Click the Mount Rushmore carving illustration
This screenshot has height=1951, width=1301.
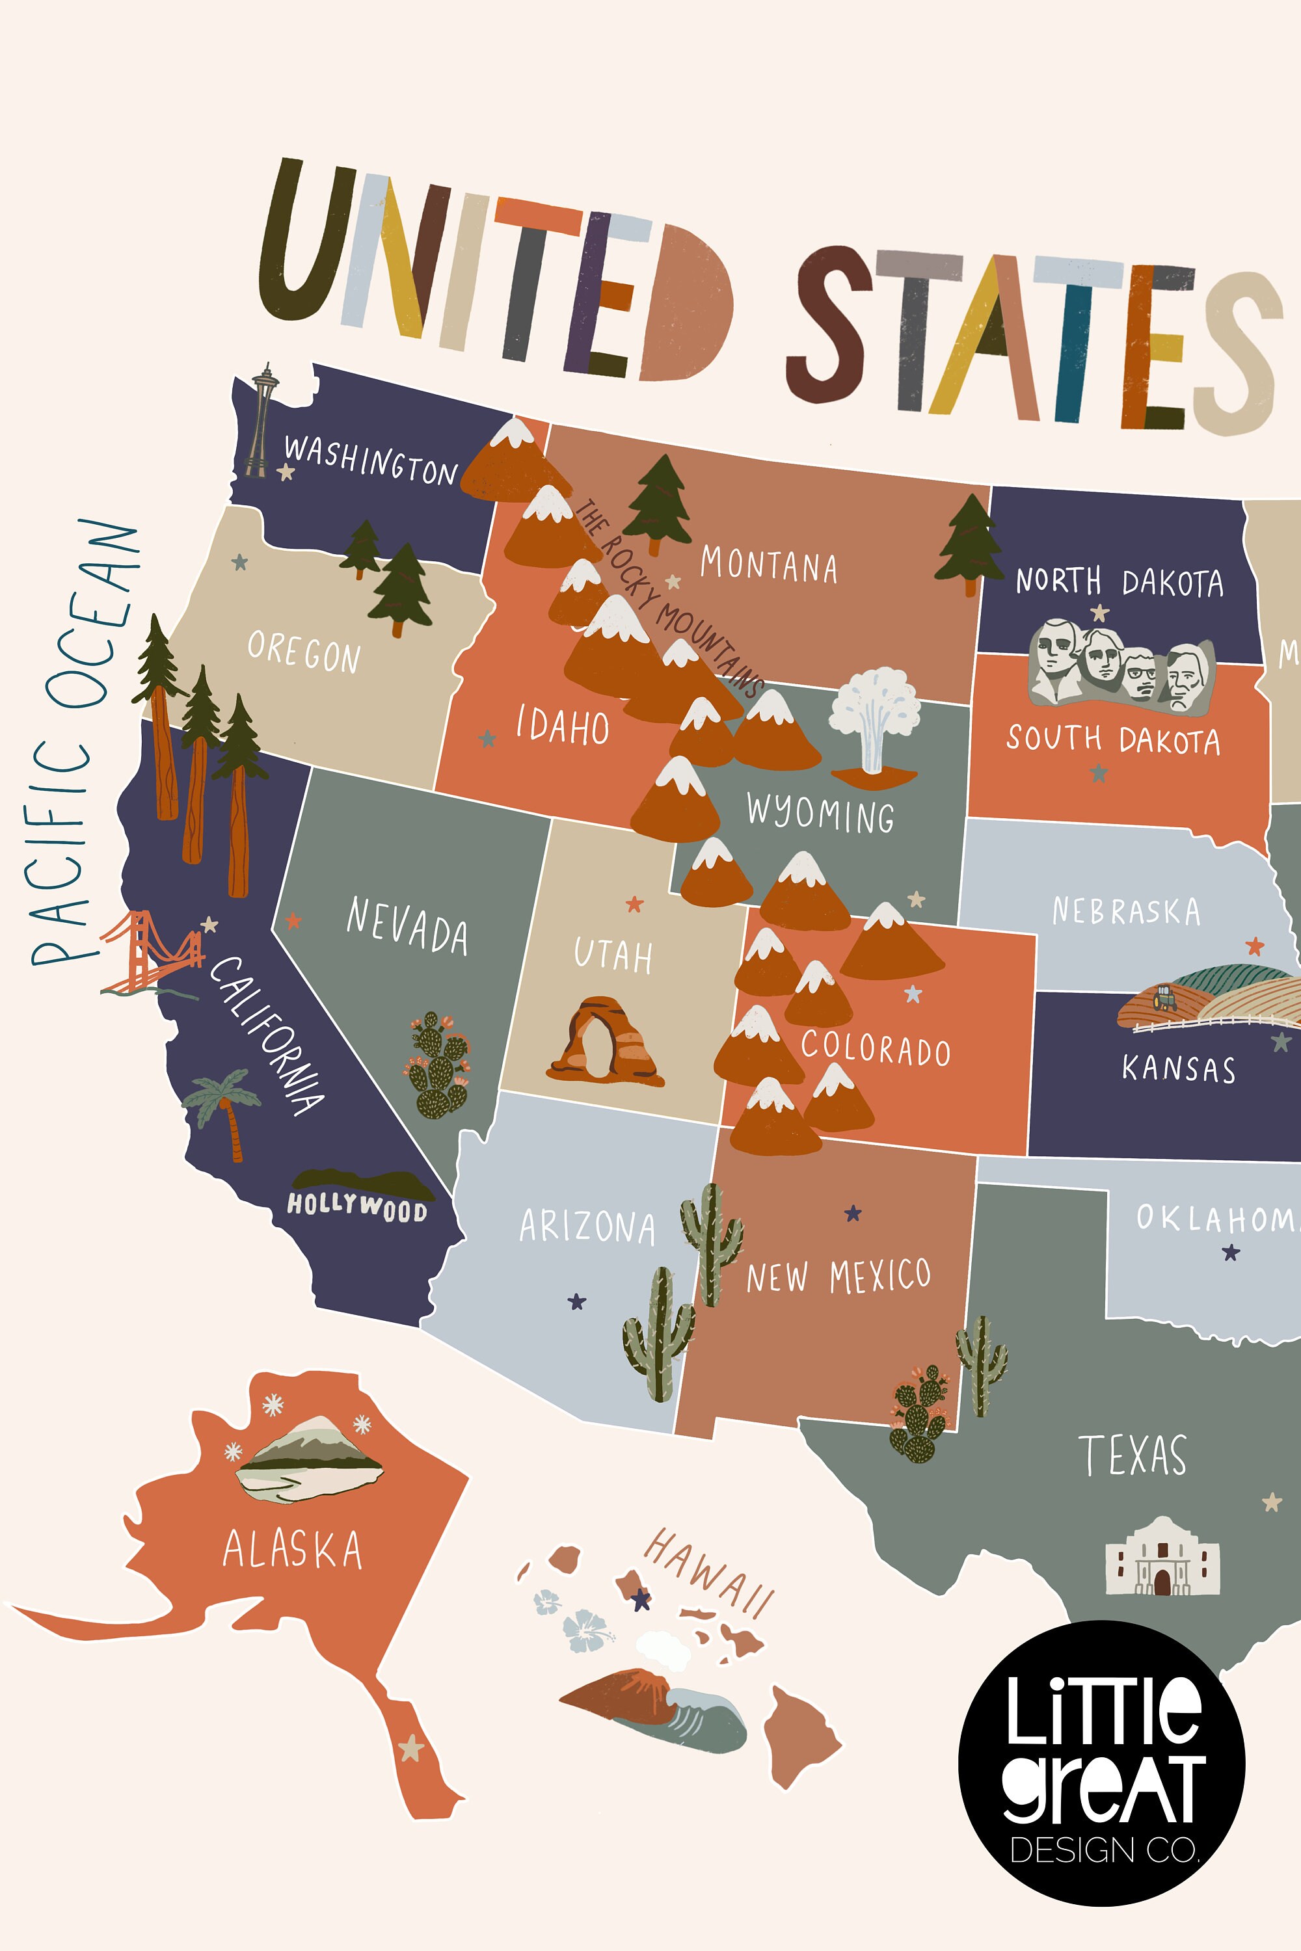(1120, 663)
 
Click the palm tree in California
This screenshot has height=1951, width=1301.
(224, 1108)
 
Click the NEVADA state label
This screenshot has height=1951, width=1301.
(407, 925)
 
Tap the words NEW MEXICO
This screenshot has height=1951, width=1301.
(838, 1277)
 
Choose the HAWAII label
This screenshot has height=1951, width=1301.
(710, 1572)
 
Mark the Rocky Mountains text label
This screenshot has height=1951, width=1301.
(669, 597)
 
